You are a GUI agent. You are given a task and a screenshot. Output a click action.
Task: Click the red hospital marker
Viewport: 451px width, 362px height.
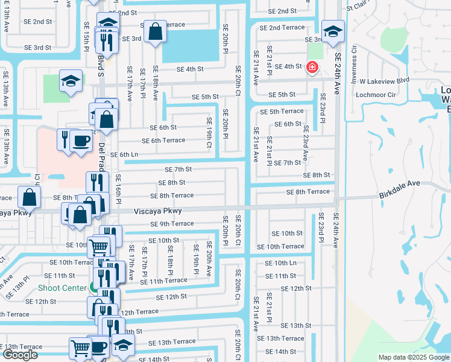(312, 67)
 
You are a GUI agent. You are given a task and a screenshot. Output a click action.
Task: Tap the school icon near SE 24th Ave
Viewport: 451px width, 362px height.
(333, 32)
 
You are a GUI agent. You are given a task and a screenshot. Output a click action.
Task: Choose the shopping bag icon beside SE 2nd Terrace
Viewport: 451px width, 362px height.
(155, 32)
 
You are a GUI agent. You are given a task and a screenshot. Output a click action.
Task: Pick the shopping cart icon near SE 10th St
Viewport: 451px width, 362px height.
(99, 246)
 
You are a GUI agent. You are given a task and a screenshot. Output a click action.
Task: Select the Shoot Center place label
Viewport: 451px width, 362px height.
(62, 288)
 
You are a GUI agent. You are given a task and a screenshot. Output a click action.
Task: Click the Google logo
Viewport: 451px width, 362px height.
(19, 355)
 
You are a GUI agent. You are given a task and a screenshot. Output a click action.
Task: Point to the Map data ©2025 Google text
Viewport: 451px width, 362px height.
(414, 357)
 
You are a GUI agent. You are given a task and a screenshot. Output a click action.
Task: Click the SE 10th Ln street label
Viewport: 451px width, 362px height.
(285, 263)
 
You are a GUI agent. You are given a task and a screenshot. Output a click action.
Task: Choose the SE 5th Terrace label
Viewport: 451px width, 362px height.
(282, 112)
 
